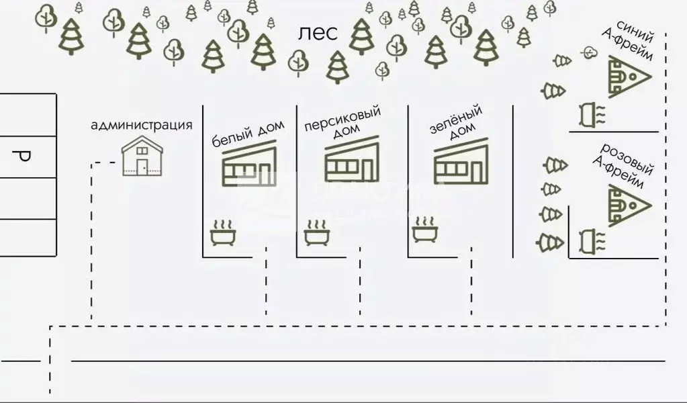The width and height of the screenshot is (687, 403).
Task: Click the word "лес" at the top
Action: pyautogui.click(x=318, y=34)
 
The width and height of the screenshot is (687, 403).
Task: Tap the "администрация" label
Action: pyautogui.click(x=142, y=125)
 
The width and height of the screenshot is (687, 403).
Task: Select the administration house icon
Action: pyautogui.click(x=142, y=156)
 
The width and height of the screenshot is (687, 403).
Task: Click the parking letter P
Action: pyautogui.click(x=21, y=156)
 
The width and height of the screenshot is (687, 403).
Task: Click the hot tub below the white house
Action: pyautogui.click(x=223, y=232)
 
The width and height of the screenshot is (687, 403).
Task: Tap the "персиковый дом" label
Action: pyautogui.click(x=342, y=122)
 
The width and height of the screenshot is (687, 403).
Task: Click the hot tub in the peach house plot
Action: pyautogui.click(x=317, y=232)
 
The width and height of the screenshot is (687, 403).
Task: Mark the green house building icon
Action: pyautogui.click(x=461, y=161)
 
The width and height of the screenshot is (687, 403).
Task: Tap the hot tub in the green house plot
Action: pyautogui.click(x=425, y=229)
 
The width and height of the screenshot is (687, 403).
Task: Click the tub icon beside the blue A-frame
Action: pyautogui.click(x=592, y=115)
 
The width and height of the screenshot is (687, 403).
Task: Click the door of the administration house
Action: pyautogui.click(x=142, y=167)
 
